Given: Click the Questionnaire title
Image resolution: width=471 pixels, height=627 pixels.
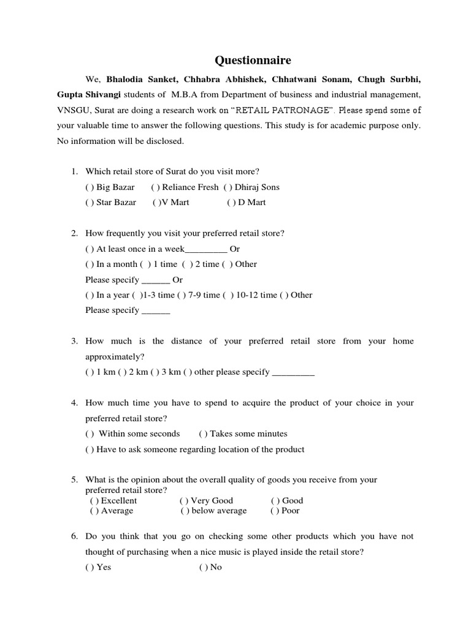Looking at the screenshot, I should tap(253, 60).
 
